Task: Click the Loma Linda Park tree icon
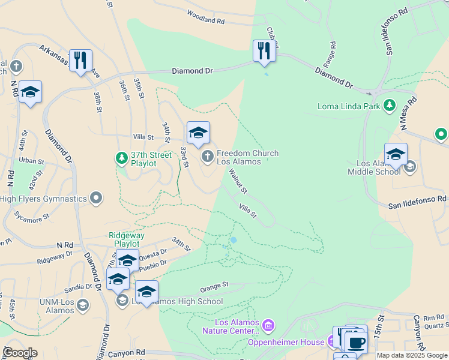[390, 106]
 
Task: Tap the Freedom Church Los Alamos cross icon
[207, 157]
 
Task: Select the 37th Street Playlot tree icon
[121, 158]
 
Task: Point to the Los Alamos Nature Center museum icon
[268, 326]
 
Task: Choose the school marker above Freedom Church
[198, 133]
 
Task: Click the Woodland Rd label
[205, 16]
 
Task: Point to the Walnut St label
[238, 181]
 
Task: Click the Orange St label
[215, 284]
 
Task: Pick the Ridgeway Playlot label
[124, 240]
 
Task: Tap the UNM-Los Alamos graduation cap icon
[82, 306]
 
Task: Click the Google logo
[20, 353]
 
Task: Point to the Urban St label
[31, 161]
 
